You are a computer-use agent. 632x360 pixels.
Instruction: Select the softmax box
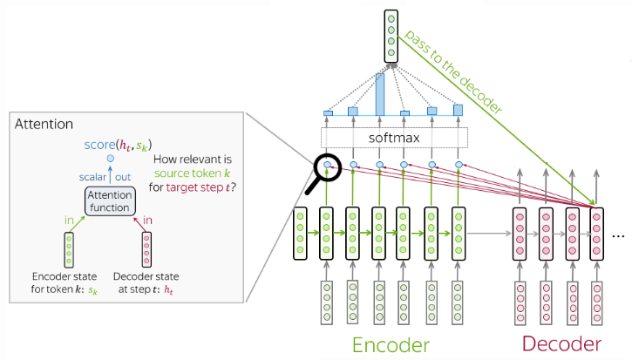(x=394, y=138)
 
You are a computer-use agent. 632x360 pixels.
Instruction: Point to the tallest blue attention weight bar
(x=380, y=94)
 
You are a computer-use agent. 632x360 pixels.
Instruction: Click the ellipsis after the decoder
(x=619, y=236)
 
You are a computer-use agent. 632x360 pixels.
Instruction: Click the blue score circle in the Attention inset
(x=110, y=160)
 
